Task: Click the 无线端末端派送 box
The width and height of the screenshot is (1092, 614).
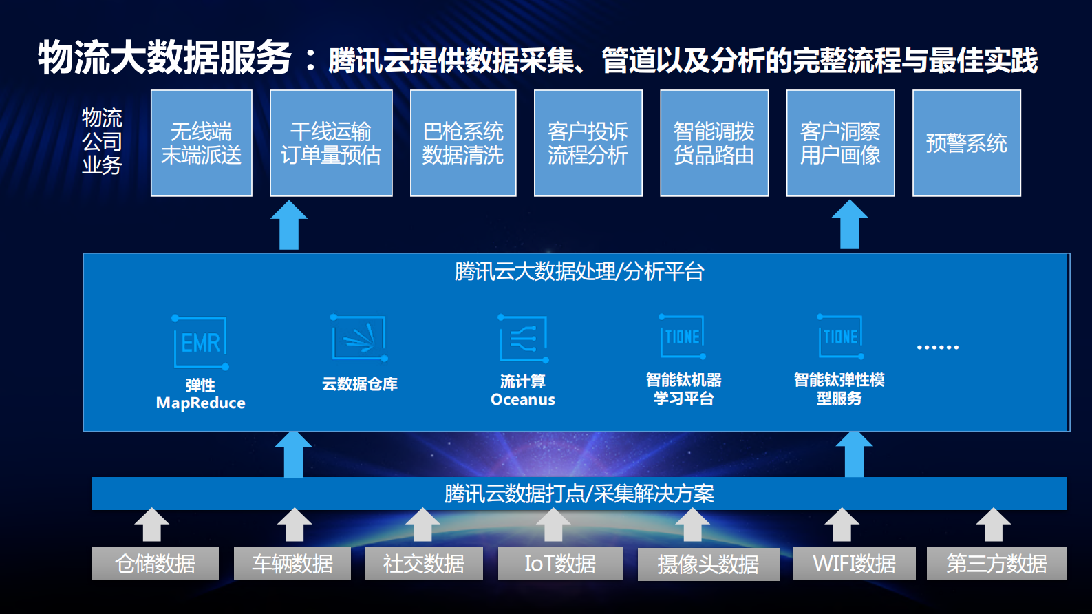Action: [202, 143]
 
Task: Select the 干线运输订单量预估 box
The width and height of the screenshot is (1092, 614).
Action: [331, 143]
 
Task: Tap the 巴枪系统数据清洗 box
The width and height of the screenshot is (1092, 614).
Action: [463, 143]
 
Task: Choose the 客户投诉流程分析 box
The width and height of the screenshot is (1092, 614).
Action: [588, 143]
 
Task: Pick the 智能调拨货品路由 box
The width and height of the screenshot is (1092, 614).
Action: [714, 143]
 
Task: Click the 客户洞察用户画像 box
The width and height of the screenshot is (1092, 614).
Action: [840, 143]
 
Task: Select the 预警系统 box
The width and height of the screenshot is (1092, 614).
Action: [966, 143]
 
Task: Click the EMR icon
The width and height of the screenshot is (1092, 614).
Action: [200, 342]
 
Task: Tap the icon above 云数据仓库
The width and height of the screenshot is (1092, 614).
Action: [359, 338]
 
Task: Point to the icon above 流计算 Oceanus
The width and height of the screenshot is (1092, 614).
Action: [523, 339]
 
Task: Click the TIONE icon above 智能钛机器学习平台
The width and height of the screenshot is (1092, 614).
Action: [683, 337]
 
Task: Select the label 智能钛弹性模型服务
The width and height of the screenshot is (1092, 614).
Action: [839, 389]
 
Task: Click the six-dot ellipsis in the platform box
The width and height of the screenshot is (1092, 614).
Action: [937, 347]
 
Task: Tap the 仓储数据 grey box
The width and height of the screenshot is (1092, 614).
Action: [155, 564]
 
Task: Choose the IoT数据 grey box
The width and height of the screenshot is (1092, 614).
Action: [560, 564]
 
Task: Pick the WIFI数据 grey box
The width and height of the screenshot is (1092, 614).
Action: [854, 564]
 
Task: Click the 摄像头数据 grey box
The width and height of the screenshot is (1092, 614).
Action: [708, 564]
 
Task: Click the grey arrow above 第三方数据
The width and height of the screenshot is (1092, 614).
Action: [993, 525]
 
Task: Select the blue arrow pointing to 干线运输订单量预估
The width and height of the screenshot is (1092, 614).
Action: [289, 225]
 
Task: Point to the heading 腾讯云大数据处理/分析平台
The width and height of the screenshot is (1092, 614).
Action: [579, 271]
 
